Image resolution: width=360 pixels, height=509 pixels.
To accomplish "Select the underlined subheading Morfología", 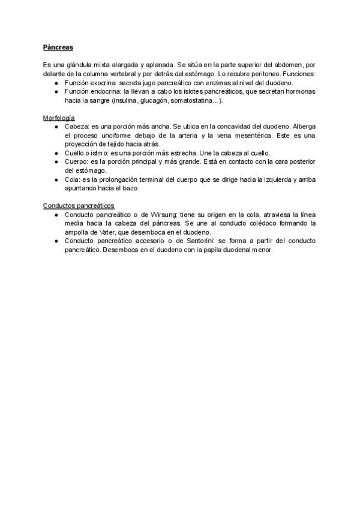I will pyautogui.click(x=59, y=118).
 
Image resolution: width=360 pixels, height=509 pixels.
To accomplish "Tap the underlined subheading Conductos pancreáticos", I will pyautogui.click(x=79, y=205).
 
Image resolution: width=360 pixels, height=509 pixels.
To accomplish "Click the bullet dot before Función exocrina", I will pyautogui.click(x=56, y=83).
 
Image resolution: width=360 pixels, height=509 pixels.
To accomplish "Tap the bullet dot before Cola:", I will pyautogui.click(x=56, y=179).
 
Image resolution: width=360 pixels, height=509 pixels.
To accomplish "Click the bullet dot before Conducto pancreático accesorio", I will pyautogui.click(x=56, y=241).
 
